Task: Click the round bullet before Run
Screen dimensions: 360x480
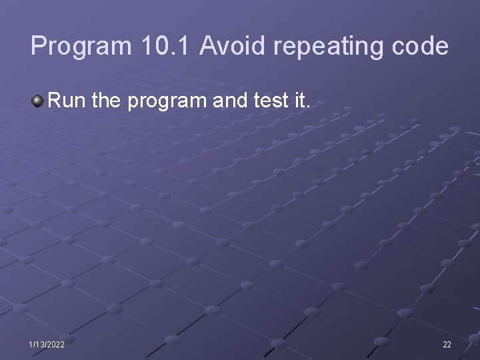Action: (37, 102)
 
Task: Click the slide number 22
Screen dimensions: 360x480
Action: (447, 345)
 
